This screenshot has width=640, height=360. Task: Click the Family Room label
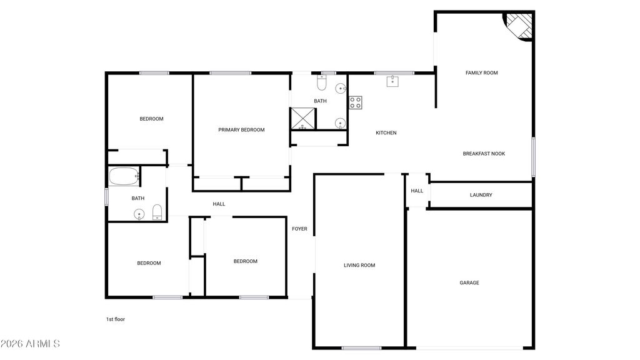[x=482, y=72]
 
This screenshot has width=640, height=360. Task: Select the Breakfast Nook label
[x=484, y=154]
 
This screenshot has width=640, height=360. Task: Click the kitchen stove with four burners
[x=355, y=102]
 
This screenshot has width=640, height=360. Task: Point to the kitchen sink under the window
[x=392, y=81]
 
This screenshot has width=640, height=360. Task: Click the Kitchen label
[x=386, y=132]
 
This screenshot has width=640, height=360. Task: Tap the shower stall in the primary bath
[x=303, y=118]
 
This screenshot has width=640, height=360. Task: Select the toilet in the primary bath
[x=322, y=83]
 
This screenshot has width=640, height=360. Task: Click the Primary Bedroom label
[x=241, y=130]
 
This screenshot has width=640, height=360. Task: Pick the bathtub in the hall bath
[x=124, y=176]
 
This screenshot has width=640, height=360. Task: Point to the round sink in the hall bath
[x=139, y=214]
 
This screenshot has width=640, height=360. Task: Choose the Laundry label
[x=481, y=195]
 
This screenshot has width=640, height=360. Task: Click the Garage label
[x=469, y=282]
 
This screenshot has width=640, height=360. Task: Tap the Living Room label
[x=359, y=265]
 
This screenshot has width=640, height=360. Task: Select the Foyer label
[x=299, y=229]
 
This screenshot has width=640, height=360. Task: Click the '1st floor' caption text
[x=116, y=319]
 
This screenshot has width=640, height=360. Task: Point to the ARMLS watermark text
[x=30, y=344]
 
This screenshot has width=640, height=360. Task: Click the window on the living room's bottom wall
[x=361, y=348]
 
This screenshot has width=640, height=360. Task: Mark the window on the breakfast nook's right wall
[x=533, y=157]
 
